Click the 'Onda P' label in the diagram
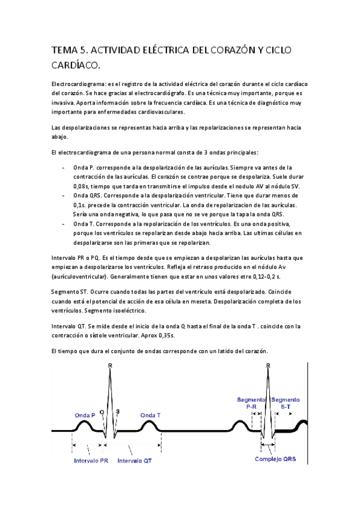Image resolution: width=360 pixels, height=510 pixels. [85, 416]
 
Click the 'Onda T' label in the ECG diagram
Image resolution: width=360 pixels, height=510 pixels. [150, 416]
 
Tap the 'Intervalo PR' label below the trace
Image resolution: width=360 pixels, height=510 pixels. [91, 461]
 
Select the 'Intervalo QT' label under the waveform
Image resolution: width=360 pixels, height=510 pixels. [135, 461]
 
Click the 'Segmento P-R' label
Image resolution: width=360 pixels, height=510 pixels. [252, 403]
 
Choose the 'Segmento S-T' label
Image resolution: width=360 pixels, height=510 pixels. [285, 403]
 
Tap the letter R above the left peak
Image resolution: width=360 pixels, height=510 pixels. [109, 366]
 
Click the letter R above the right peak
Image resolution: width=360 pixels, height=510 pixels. [267, 366]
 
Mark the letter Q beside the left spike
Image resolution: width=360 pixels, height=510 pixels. [103, 413]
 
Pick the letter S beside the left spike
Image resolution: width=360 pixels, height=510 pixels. [117, 413]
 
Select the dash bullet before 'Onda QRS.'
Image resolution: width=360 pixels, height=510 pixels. [64, 195]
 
